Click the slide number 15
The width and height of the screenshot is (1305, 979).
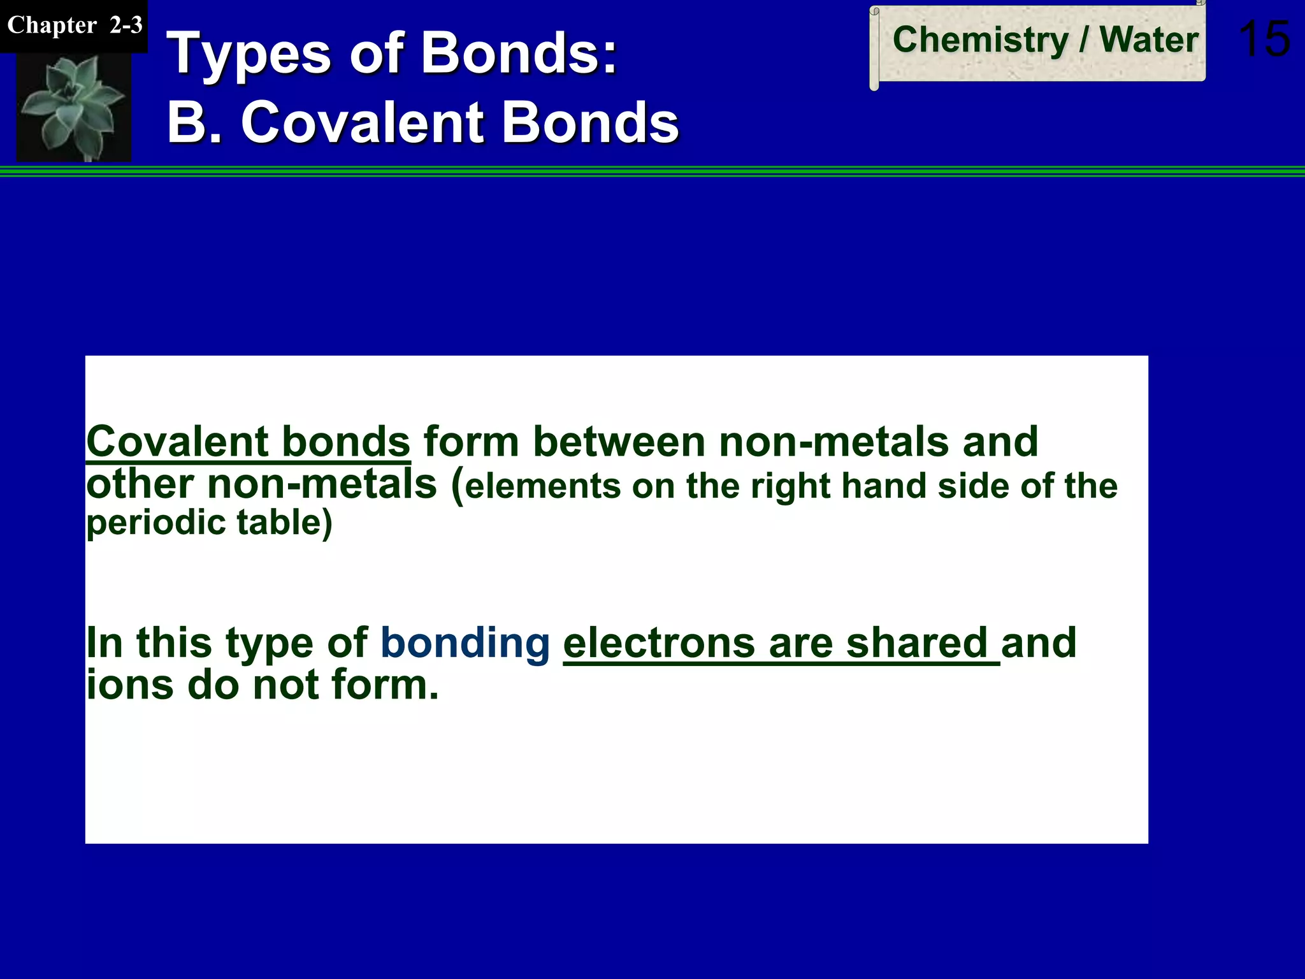(1264, 39)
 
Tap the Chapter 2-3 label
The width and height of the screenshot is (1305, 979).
(74, 25)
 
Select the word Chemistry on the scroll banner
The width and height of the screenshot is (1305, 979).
(980, 40)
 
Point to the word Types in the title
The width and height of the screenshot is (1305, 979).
(249, 54)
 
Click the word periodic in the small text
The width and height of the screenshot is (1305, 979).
(156, 523)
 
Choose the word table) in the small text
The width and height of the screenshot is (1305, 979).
(284, 523)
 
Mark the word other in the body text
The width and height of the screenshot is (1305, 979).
(140, 484)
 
